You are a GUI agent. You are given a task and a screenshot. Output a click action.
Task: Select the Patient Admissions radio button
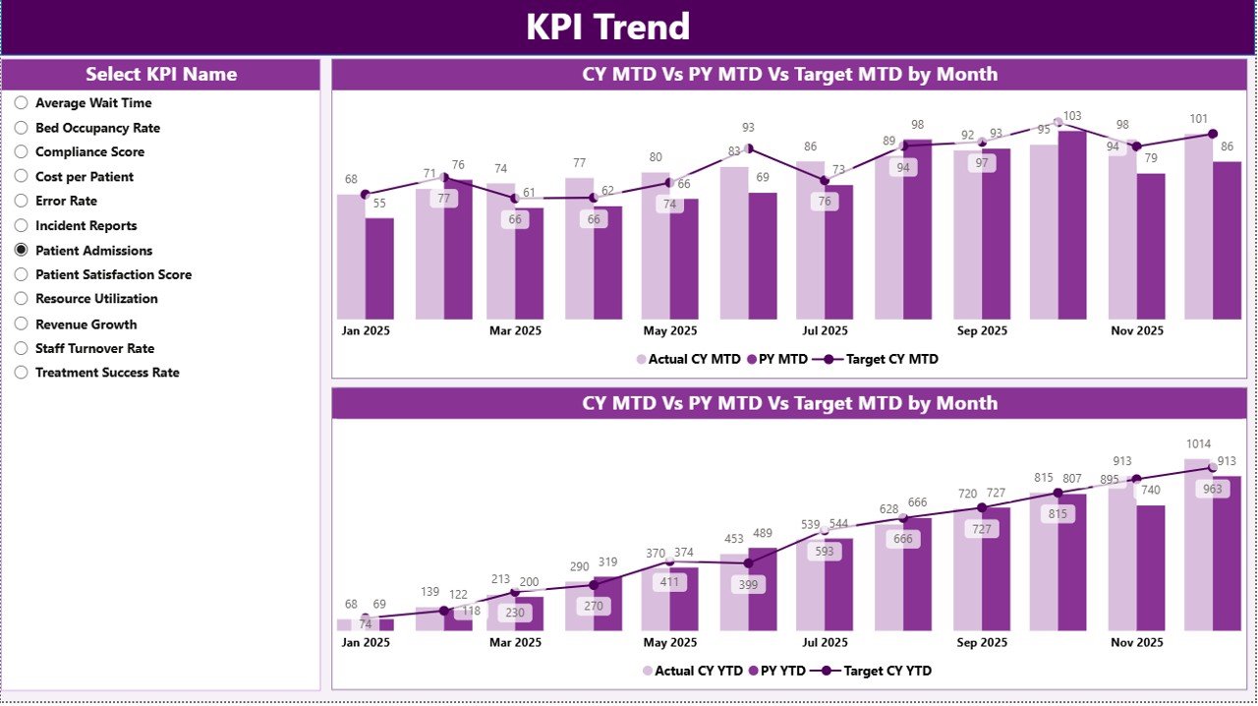click(x=22, y=251)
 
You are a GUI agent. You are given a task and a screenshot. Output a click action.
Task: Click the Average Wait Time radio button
click(x=22, y=103)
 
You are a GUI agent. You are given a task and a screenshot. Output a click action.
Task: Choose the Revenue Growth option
click(x=22, y=324)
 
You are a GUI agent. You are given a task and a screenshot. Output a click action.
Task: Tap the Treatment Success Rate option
click(x=22, y=373)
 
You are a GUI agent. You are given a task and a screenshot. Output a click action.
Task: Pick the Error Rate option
click(x=22, y=202)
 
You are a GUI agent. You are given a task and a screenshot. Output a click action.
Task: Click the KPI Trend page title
click(x=607, y=28)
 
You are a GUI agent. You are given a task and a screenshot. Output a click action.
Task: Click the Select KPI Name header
click(x=161, y=75)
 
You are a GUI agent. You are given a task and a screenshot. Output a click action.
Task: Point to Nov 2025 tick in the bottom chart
click(x=1136, y=642)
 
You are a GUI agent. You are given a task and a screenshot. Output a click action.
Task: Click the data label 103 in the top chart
click(x=1072, y=116)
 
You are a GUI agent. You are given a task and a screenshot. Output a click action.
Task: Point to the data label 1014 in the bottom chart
click(x=1197, y=443)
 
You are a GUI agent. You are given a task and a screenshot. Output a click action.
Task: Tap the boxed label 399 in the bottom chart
click(x=749, y=585)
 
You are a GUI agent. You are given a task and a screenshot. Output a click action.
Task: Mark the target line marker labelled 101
click(x=1212, y=134)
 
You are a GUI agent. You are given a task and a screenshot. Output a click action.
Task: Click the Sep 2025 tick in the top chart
click(x=981, y=330)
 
